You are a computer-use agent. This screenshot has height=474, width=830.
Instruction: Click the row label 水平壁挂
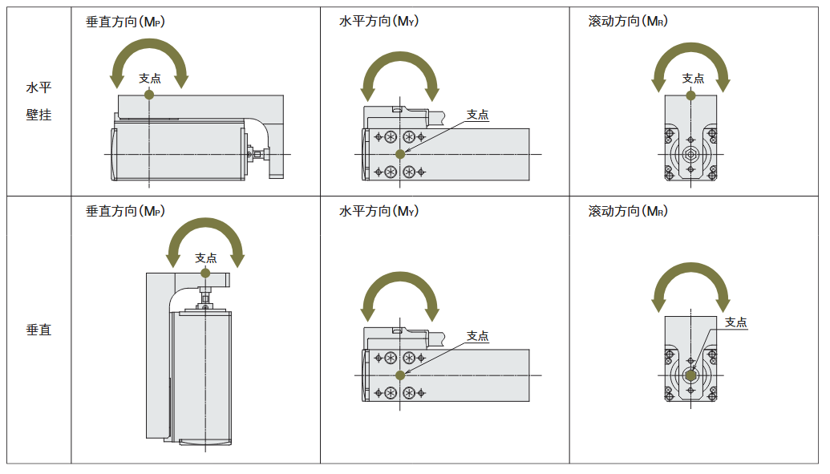38,101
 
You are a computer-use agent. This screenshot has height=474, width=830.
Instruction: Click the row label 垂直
38,330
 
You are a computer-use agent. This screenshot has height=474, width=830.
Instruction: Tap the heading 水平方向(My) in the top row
379,22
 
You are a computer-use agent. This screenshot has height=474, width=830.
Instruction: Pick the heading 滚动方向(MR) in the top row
628,22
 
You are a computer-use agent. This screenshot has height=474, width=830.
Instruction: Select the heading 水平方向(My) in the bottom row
379,211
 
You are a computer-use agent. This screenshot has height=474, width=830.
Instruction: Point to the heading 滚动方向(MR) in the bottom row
628,211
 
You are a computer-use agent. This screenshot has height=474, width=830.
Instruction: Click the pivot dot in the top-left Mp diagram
149,94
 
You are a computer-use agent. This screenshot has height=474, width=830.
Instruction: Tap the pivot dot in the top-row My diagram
400,153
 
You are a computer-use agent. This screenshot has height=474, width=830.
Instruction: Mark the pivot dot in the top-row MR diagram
690,95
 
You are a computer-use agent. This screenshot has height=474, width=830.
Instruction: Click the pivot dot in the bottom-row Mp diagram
205,273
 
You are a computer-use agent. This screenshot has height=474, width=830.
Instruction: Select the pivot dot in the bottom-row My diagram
400,375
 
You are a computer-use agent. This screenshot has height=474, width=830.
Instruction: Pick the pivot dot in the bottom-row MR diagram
690,375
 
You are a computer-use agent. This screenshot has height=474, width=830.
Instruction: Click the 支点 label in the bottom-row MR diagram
735,322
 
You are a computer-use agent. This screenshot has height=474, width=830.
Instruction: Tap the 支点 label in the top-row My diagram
478,115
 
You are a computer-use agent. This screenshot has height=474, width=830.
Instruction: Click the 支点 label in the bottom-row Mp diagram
206,257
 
